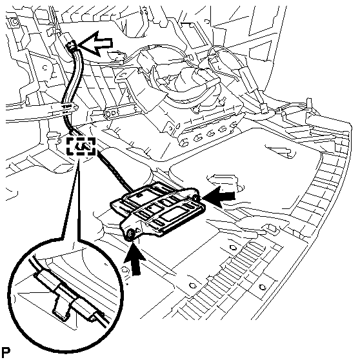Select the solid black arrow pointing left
219,197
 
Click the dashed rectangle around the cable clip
81,146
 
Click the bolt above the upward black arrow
131,234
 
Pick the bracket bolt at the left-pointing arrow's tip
195,197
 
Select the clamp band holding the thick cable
68,108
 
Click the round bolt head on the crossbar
107,114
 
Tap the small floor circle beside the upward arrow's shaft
125,269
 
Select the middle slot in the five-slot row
210,134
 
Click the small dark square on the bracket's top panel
139,195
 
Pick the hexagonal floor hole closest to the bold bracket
232,248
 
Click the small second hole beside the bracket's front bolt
138,230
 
